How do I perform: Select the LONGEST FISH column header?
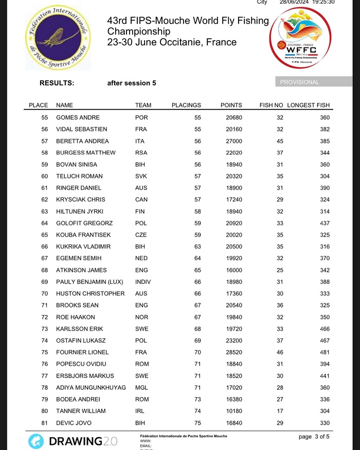[308, 105]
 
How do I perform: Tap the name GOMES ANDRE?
[78, 118]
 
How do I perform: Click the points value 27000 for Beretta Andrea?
[231, 141]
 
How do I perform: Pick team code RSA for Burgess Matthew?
[141, 153]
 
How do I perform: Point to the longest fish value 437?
[323, 223]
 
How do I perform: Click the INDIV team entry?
[143, 282]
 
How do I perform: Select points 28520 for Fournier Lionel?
[231, 352]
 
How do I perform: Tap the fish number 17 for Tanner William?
[280, 411]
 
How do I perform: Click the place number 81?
[45, 423]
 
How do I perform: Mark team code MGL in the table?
[141, 387]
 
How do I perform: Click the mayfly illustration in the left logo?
[56, 37]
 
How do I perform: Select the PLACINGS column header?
[186, 105]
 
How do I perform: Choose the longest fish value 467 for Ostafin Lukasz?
[323, 340]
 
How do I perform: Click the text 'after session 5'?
[132, 83]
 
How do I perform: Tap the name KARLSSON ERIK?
[79, 329]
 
